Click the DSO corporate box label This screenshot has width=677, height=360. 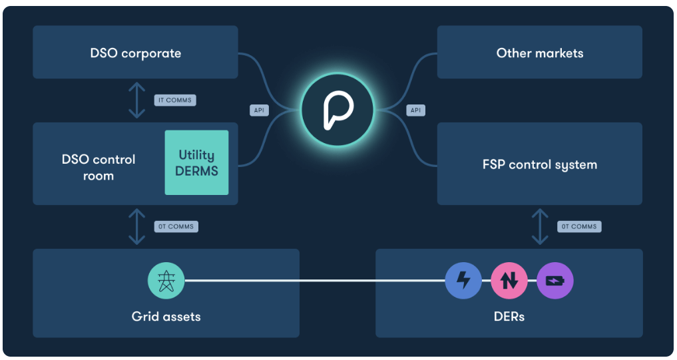tap(135, 53)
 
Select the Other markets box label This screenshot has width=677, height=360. tap(539, 53)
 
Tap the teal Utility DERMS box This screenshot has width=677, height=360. tap(196, 162)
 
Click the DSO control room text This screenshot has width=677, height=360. tap(98, 168)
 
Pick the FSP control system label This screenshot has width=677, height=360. tap(539, 164)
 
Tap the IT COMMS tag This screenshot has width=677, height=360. tap(175, 100)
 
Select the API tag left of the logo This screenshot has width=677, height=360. tap(260, 110)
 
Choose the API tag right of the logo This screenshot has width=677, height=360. tap(415, 110)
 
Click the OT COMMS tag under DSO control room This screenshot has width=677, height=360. tap(176, 226)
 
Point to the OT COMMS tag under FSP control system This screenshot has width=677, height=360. tap(579, 226)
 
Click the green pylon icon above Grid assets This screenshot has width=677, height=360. tap(165, 280)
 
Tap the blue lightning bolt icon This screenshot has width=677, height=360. tap(463, 280)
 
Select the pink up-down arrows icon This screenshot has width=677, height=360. tap(509, 280)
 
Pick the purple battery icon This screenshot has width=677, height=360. tap(555, 280)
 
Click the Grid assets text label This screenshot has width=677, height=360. tap(166, 316)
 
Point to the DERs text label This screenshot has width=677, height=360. tap(509, 316)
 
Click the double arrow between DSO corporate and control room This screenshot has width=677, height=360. tap(136, 100)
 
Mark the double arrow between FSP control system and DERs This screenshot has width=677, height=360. tap(539, 226)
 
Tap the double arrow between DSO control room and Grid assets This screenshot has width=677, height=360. tap(136, 226)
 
